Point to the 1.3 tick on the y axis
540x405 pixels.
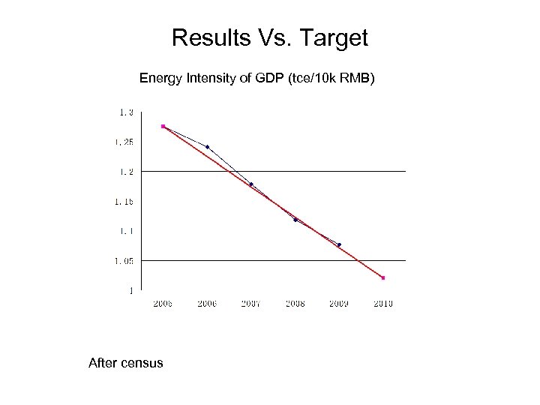(125, 112)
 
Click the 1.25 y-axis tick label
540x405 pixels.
(124, 142)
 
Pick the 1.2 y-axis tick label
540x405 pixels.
(125, 172)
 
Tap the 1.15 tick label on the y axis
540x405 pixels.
(124, 201)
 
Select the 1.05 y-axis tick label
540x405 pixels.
(124, 260)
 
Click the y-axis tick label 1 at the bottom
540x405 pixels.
(131, 289)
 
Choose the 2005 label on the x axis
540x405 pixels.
(163, 303)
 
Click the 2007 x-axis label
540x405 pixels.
(250, 303)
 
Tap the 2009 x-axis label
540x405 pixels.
(339, 303)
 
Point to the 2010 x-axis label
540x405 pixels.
(382, 303)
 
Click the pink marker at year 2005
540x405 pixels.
(163, 127)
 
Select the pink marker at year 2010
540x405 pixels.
(382, 277)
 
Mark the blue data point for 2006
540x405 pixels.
(207, 146)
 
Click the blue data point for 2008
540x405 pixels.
(295, 220)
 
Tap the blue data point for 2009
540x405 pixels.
(339, 244)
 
